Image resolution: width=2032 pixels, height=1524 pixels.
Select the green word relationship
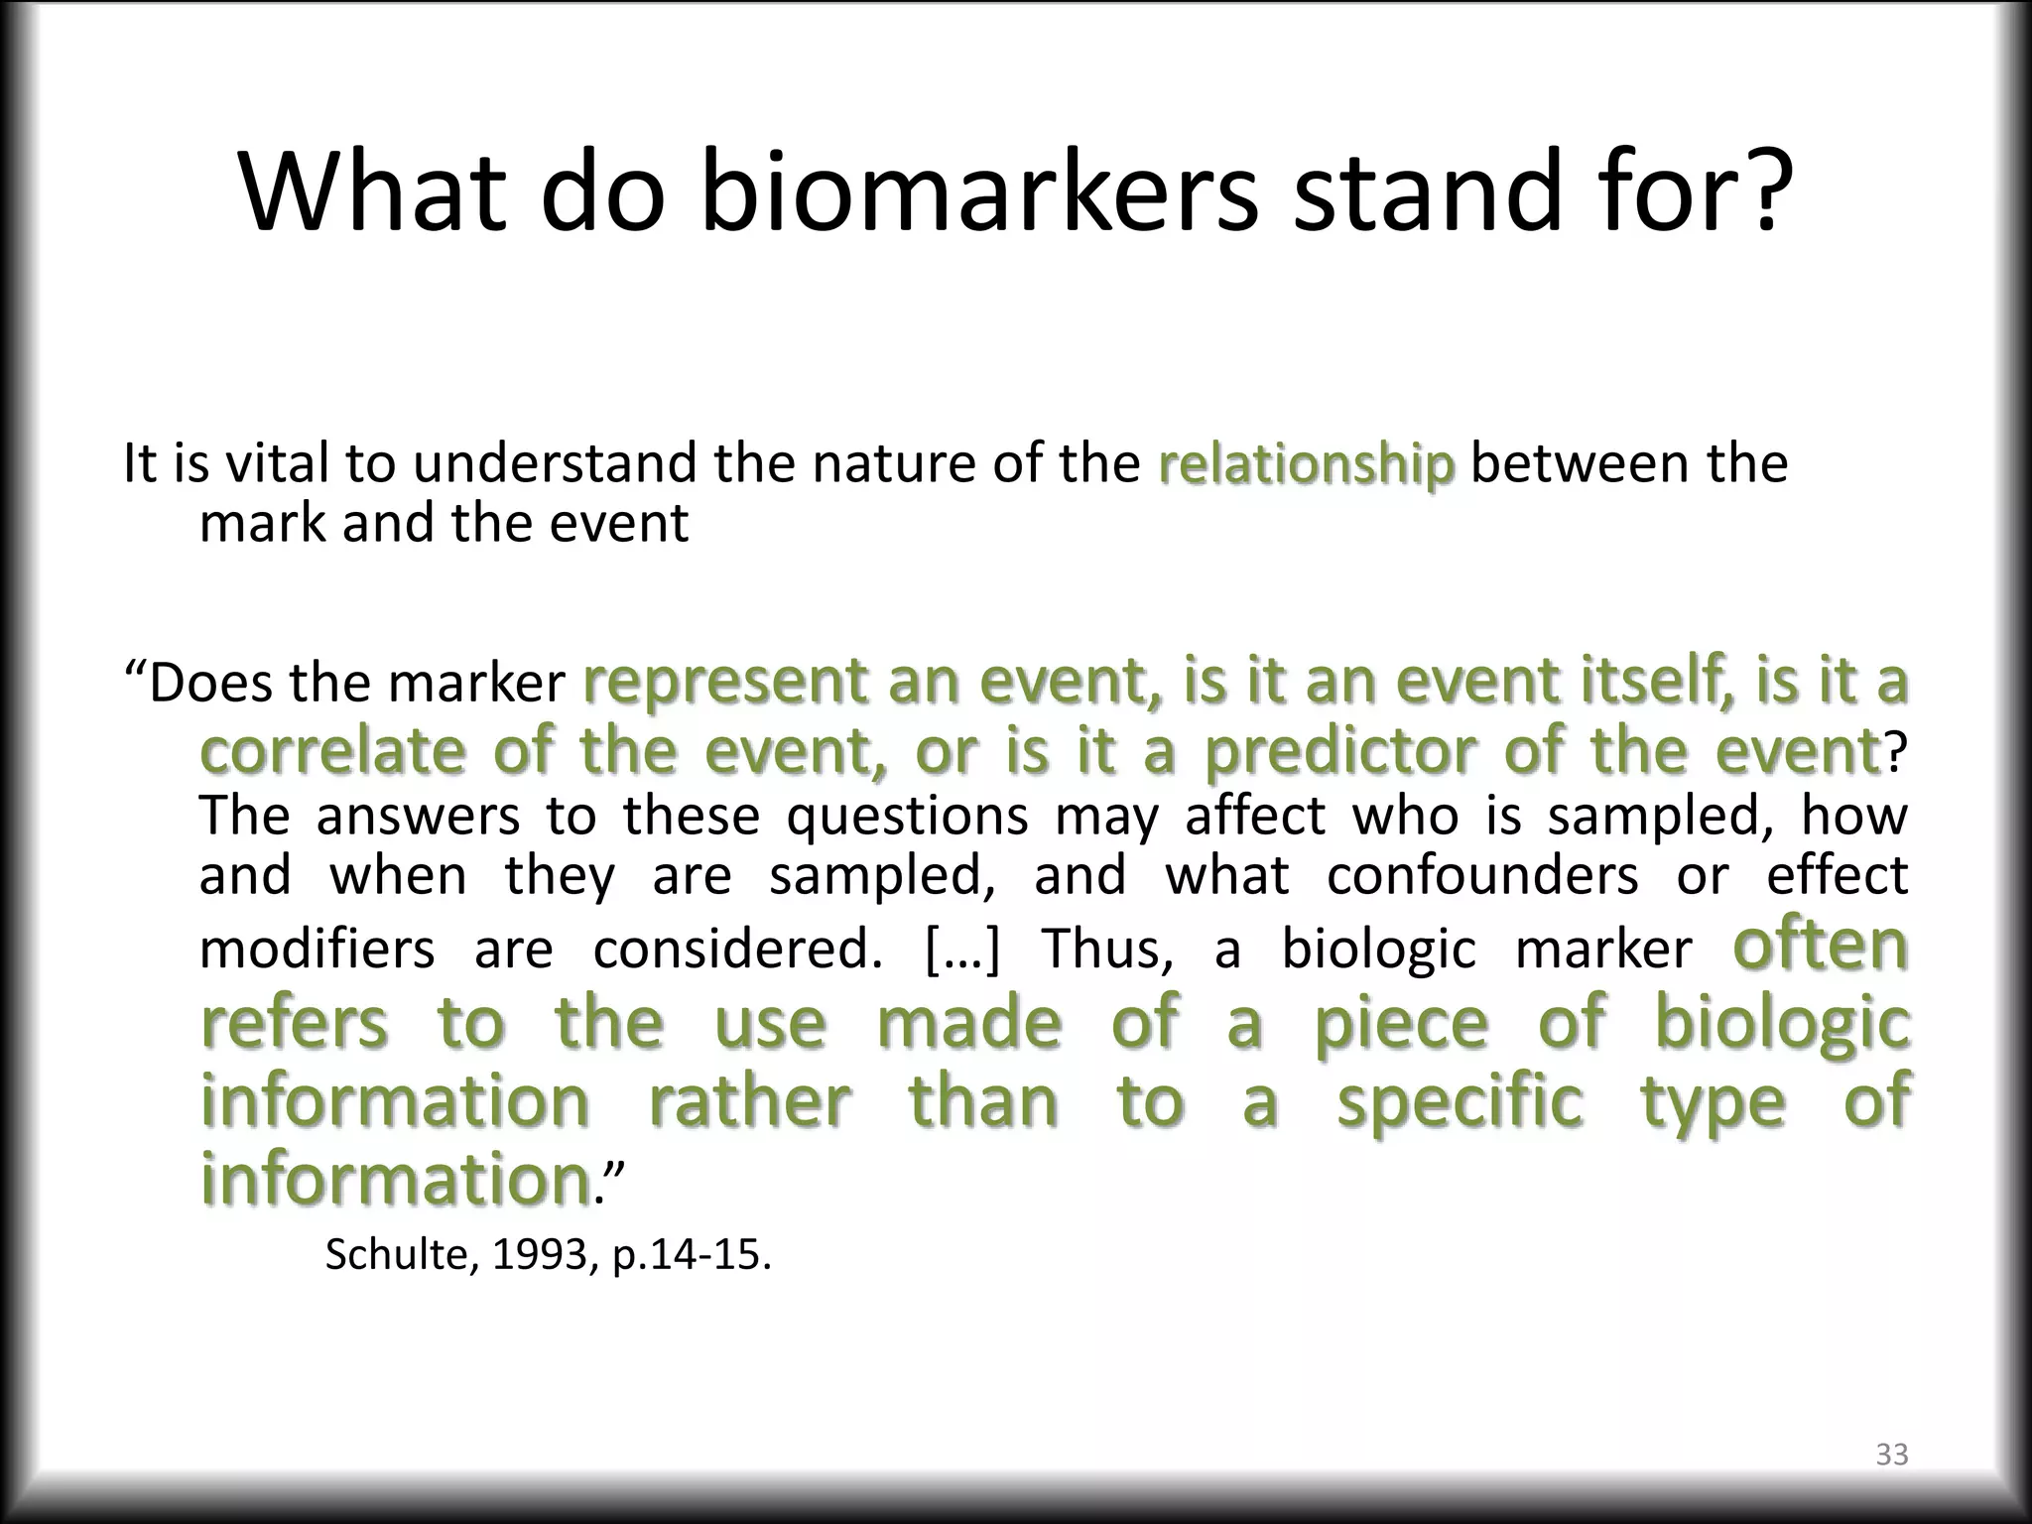[1306, 465]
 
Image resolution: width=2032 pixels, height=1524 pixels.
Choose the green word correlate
[332, 751]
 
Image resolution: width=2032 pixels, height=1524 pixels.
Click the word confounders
[1482, 875]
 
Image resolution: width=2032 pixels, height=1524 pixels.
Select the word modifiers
[317, 949]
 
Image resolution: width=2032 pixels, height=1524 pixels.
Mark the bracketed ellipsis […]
[962, 949]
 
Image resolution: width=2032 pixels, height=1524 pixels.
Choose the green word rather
[749, 1101]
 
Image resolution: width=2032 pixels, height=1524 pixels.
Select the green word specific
[1460, 1101]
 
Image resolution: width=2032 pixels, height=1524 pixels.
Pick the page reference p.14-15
[691, 1255]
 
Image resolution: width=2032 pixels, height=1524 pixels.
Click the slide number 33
[1891, 1454]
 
